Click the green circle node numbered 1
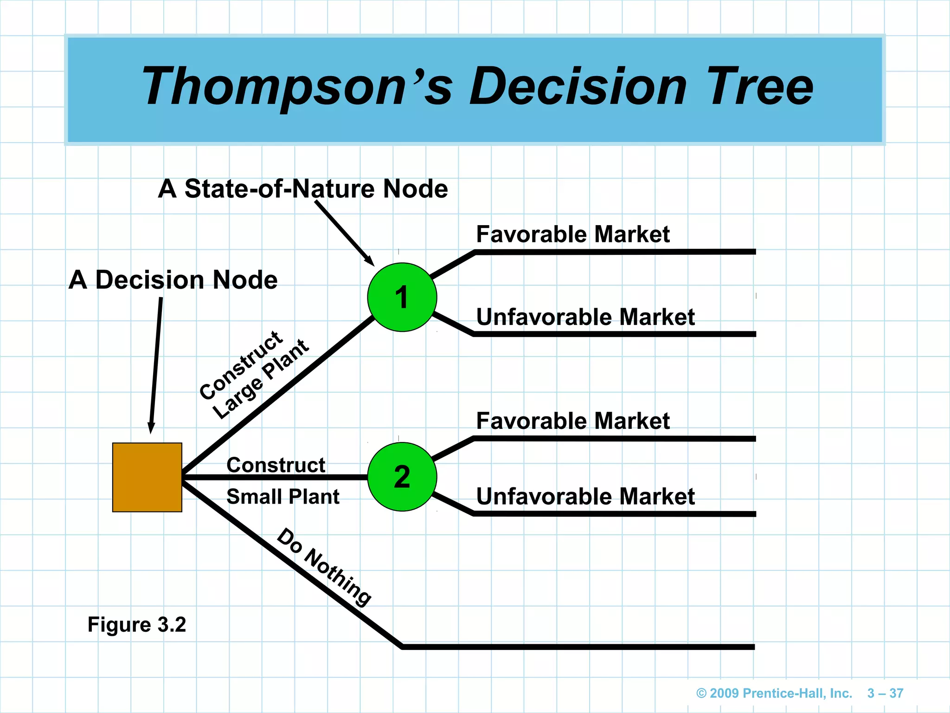(x=402, y=297)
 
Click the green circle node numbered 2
(x=402, y=477)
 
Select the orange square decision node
(x=147, y=477)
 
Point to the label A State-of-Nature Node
(x=302, y=189)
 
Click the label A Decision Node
(x=173, y=280)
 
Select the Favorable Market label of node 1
(x=572, y=234)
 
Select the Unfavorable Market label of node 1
(x=585, y=317)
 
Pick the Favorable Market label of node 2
(x=572, y=421)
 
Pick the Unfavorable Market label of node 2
(x=585, y=497)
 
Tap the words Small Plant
(x=282, y=497)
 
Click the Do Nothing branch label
(x=324, y=567)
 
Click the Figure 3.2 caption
(x=137, y=624)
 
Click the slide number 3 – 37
(x=885, y=693)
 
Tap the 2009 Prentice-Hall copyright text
(x=774, y=693)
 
